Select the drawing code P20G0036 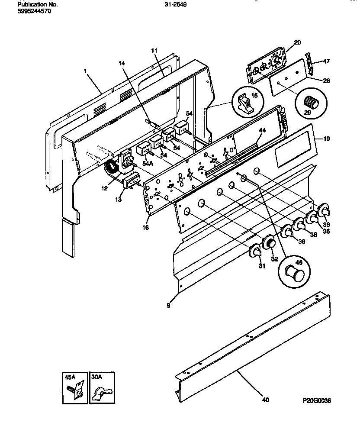pyautogui.click(x=318, y=401)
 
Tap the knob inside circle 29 pyautogui.click(x=311, y=103)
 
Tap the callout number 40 pyautogui.click(x=265, y=400)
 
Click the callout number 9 pyautogui.click(x=168, y=305)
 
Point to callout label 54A pyautogui.click(x=148, y=163)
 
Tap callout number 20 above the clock pyautogui.click(x=297, y=42)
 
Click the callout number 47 pyautogui.click(x=326, y=61)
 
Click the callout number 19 pyautogui.click(x=326, y=139)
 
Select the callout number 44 pyautogui.click(x=262, y=130)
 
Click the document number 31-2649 pyautogui.click(x=176, y=4)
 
